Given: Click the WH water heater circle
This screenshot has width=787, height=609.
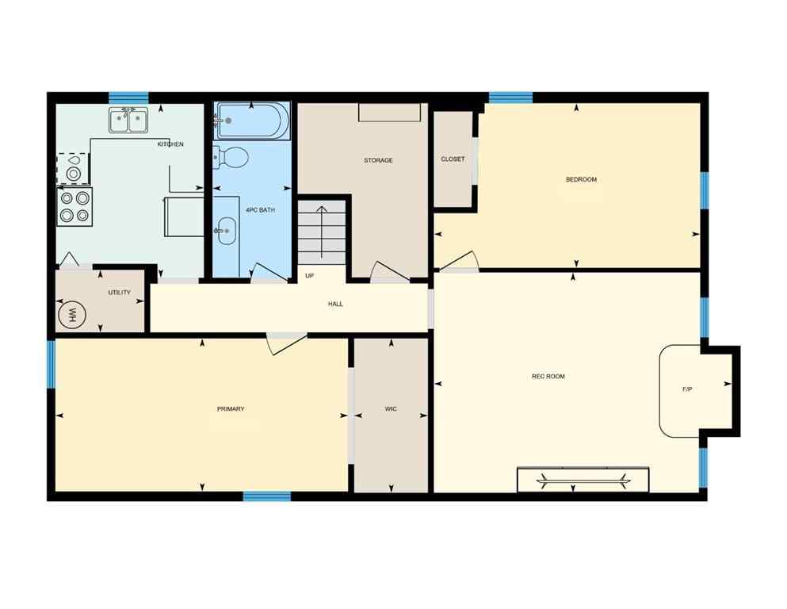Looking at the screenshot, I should pyautogui.click(x=74, y=315).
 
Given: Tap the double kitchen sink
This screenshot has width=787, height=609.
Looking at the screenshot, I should pyautogui.click(x=128, y=121).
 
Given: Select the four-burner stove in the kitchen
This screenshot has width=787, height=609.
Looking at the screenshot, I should pyautogui.click(x=74, y=206).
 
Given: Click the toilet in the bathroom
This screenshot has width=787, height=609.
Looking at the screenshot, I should pyautogui.click(x=231, y=157).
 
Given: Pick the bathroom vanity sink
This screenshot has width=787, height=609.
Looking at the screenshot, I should pyautogui.click(x=226, y=232).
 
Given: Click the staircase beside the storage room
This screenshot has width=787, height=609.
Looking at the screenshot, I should pyautogui.click(x=322, y=232).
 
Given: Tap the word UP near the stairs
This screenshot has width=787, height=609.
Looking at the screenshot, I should pyautogui.click(x=311, y=276).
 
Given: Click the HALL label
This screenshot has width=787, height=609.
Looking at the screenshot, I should pyautogui.click(x=335, y=304).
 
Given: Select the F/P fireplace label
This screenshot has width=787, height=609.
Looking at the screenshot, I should pyautogui.click(x=687, y=389).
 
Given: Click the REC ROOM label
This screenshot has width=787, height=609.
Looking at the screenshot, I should pyautogui.click(x=548, y=376).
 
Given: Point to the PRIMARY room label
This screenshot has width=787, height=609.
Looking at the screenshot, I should pyautogui.click(x=231, y=409).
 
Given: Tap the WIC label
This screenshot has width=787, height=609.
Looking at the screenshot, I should pyautogui.click(x=391, y=409).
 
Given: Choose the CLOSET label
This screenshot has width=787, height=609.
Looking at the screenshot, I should pyautogui.click(x=453, y=159).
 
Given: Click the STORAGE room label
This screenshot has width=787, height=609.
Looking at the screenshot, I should pyautogui.click(x=378, y=160).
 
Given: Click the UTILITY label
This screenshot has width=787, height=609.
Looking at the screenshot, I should pyautogui.click(x=119, y=293).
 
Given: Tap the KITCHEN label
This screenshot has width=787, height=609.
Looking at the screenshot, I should pyautogui.click(x=170, y=144).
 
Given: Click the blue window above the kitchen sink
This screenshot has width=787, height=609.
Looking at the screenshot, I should pyautogui.click(x=128, y=98).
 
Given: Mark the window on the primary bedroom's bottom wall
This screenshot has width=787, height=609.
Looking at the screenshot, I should pyautogui.click(x=266, y=497).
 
